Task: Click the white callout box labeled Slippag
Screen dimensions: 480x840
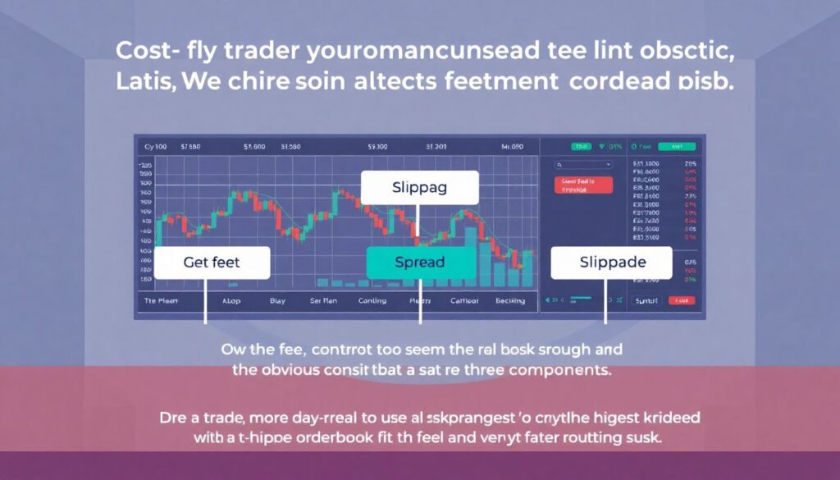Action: (x=419, y=188)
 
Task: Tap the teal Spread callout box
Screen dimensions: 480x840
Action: (x=420, y=263)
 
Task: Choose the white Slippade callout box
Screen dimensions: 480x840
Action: (x=610, y=263)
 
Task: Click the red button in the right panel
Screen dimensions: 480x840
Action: (x=583, y=184)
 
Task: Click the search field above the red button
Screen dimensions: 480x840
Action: (x=583, y=164)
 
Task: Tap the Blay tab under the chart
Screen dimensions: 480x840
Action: (x=277, y=301)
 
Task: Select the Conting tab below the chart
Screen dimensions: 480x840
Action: (x=372, y=301)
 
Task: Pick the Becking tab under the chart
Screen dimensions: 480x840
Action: (x=510, y=301)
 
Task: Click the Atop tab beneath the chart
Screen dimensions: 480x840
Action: (x=231, y=301)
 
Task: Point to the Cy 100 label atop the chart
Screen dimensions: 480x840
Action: (x=155, y=147)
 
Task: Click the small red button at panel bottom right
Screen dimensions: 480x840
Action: (x=681, y=301)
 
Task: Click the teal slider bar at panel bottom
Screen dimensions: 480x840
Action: (x=582, y=299)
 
